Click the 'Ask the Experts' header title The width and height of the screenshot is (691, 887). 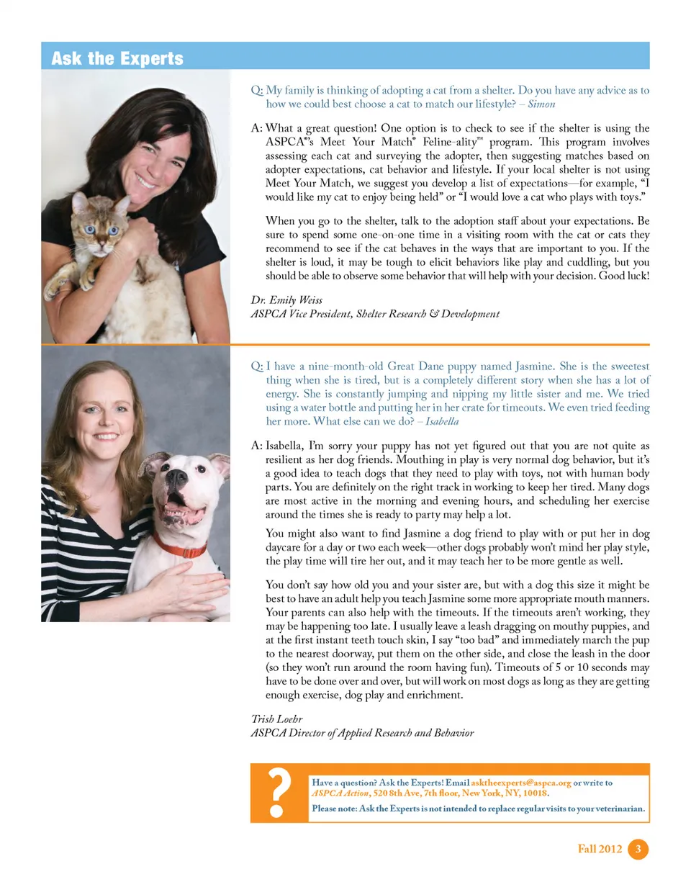click(x=117, y=58)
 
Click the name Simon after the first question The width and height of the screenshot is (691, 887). click(x=541, y=104)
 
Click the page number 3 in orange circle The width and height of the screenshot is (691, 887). click(x=638, y=850)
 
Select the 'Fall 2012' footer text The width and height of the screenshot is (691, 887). click(x=600, y=850)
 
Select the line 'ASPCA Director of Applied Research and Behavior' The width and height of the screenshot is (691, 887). click(x=362, y=733)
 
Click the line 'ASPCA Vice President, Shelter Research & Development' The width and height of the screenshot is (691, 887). click(x=374, y=314)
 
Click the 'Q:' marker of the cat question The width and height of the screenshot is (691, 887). click(x=256, y=91)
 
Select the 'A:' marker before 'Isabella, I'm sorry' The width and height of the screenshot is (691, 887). click(x=256, y=446)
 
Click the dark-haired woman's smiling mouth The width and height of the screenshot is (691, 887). click(x=145, y=180)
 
